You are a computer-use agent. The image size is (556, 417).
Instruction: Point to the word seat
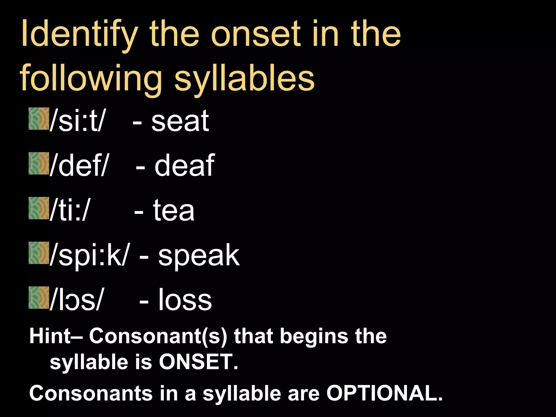[180, 121]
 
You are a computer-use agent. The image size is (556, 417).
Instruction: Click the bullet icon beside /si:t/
[39, 119]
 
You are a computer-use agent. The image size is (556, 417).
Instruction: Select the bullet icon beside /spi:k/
[39, 253]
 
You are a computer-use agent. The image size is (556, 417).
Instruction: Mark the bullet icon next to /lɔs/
[39, 298]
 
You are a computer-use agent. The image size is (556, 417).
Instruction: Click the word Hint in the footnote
[50, 336]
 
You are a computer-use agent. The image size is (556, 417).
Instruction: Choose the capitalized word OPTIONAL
[384, 393]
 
